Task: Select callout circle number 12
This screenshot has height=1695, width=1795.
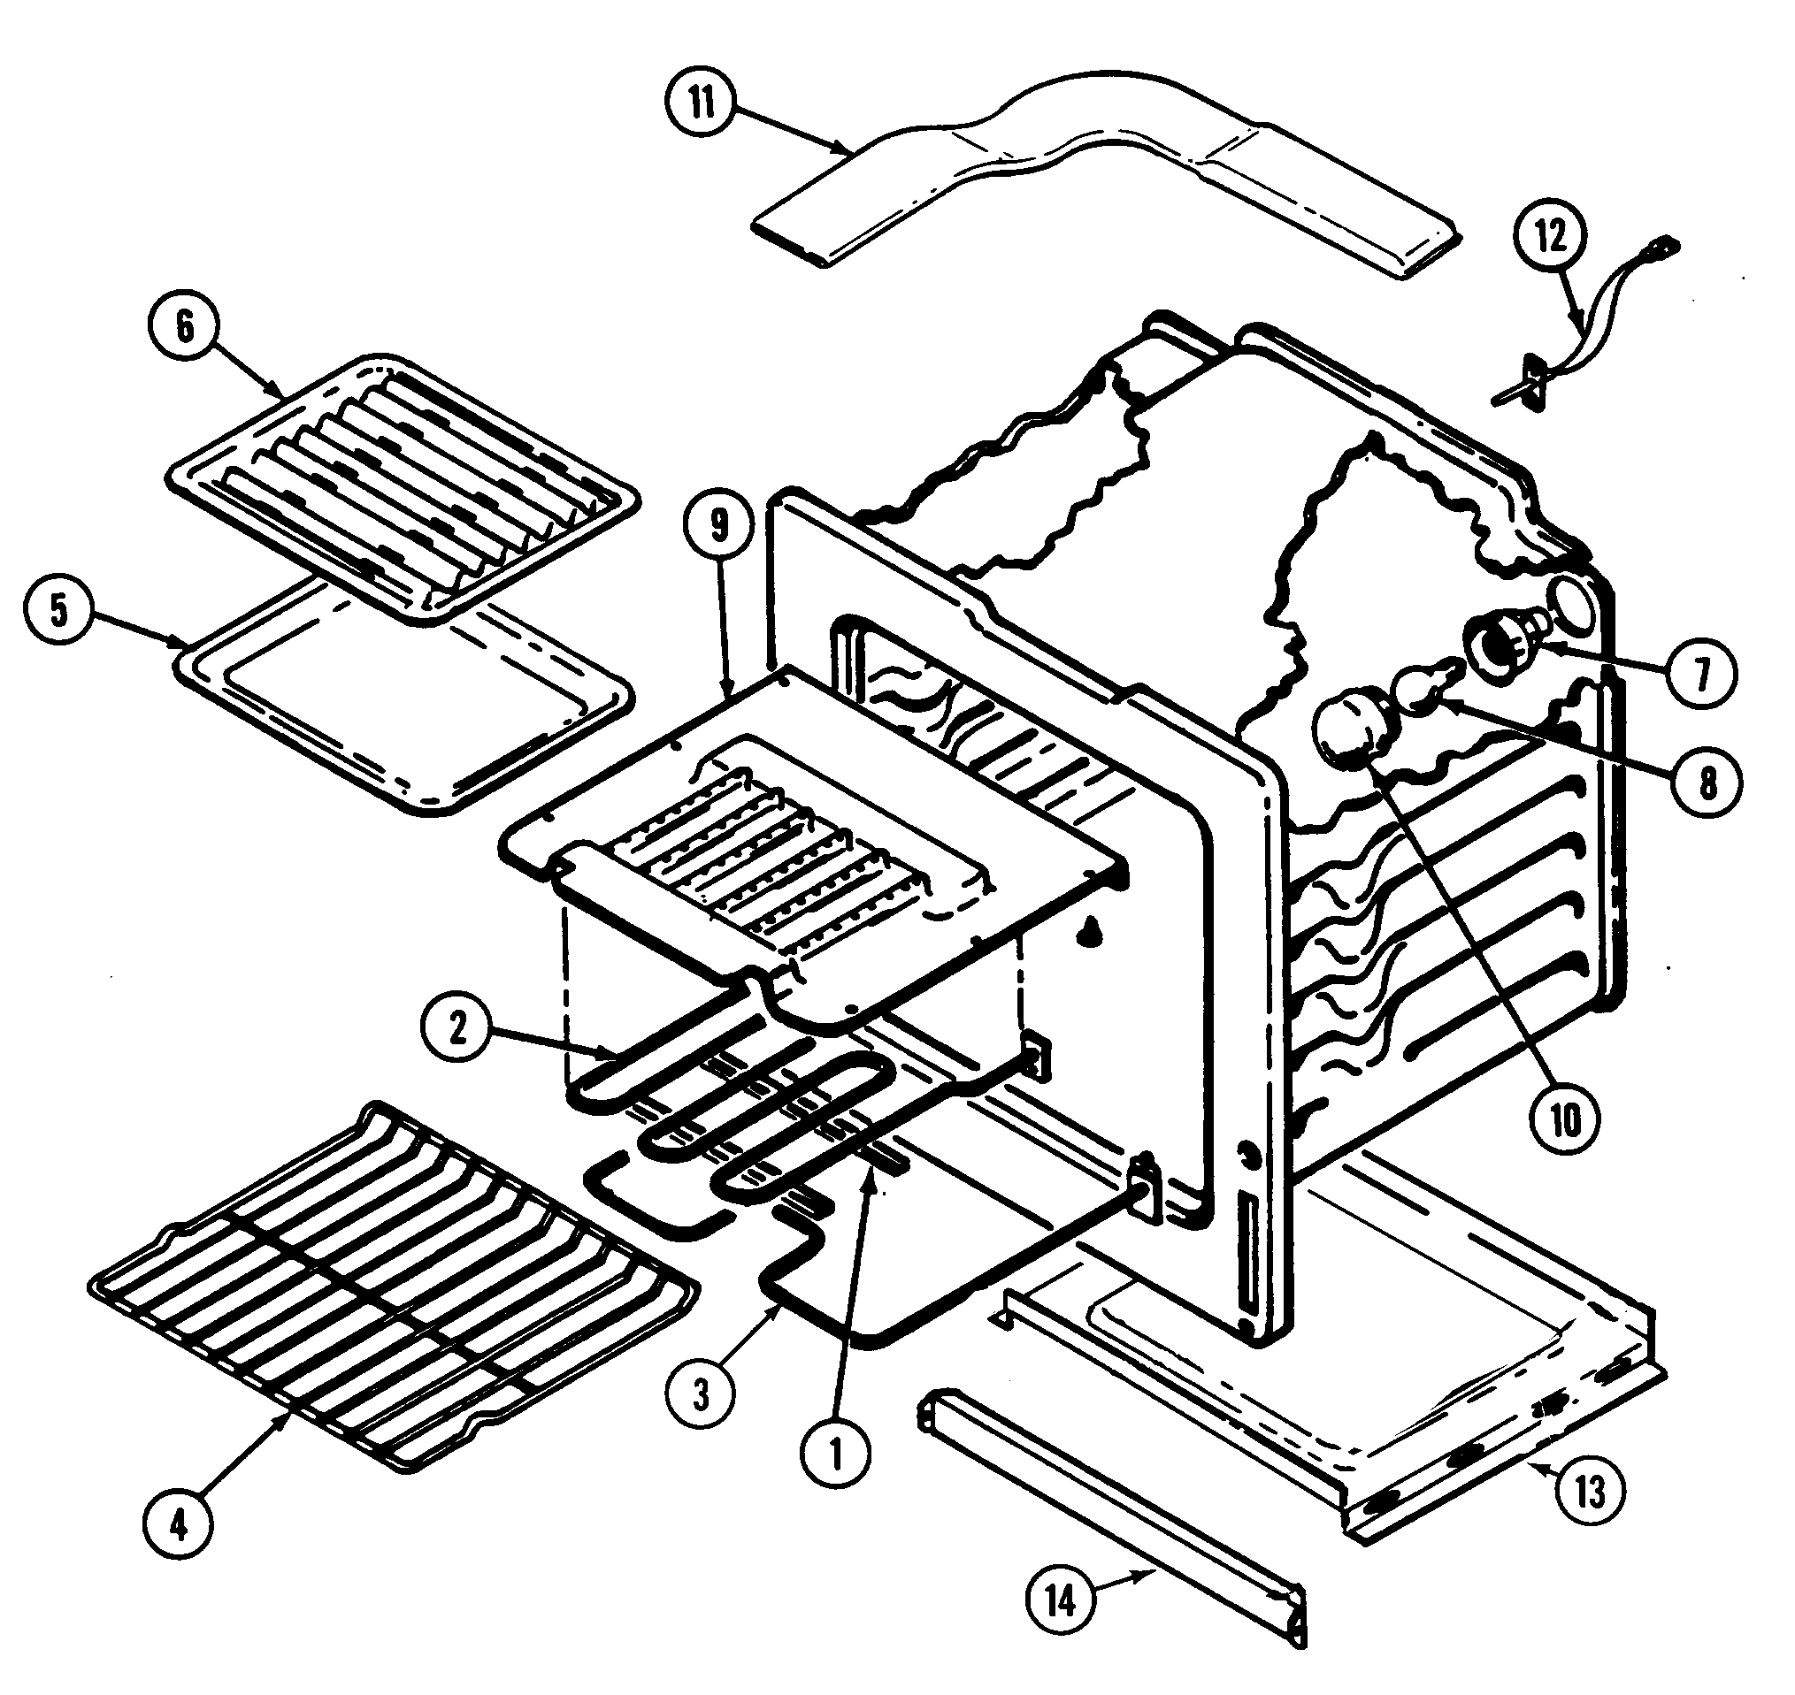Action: [1552, 237]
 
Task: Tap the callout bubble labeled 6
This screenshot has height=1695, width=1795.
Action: [184, 326]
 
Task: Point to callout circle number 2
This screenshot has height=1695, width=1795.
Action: [457, 1027]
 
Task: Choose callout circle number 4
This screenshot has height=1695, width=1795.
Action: [178, 1526]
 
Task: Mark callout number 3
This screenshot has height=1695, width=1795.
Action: [701, 1394]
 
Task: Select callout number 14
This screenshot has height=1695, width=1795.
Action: [1061, 1601]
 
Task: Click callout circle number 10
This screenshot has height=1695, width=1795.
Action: [1566, 1121]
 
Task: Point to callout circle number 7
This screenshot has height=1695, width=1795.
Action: [1702, 673]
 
